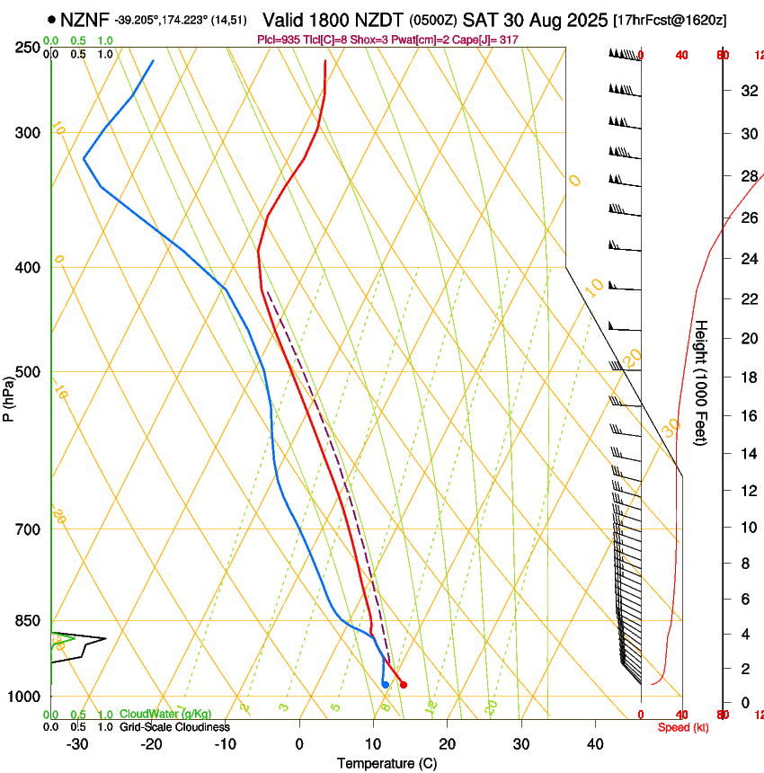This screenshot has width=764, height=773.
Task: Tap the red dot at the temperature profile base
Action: click(x=403, y=685)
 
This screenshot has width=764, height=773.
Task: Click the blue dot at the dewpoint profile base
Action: click(x=385, y=685)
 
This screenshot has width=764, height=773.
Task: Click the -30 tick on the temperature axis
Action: click(x=77, y=744)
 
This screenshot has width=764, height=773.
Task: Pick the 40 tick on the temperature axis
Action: click(x=594, y=744)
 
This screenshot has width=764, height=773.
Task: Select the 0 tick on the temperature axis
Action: click(x=299, y=744)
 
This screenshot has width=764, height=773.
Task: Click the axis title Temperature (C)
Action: click(x=386, y=763)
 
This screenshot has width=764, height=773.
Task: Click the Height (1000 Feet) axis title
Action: click(x=703, y=383)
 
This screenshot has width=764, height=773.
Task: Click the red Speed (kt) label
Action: click(x=683, y=727)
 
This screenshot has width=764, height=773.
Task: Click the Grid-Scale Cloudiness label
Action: click(x=174, y=727)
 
